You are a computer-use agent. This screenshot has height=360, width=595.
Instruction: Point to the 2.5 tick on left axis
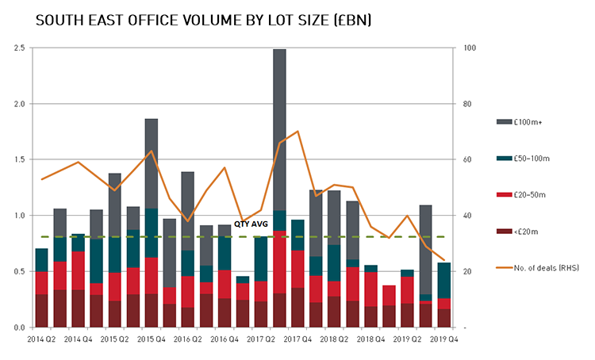(20, 48)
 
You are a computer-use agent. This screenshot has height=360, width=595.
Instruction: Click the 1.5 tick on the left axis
(20, 160)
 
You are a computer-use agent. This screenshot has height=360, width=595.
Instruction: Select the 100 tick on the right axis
(469, 48)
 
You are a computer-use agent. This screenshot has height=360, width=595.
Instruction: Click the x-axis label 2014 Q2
(41, 339)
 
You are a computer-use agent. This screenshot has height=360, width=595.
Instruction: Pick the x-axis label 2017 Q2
(261, 339)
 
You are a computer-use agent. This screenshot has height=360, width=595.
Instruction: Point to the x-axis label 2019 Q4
(443, 339)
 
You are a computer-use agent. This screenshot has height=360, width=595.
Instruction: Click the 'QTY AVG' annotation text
(251, 224)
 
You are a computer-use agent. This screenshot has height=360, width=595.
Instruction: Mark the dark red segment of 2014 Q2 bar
(41, 310)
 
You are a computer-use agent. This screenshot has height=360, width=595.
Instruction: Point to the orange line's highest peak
(297, 132)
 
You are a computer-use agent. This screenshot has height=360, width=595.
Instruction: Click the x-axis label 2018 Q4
(370, 339)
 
